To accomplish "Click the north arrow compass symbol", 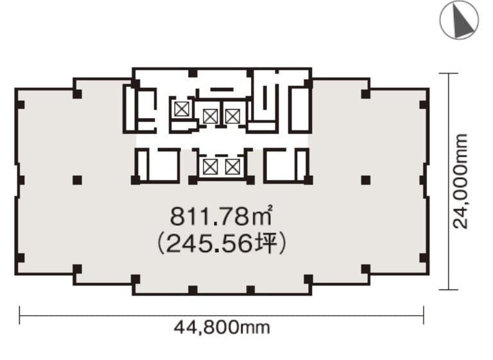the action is click(x=459, y=20).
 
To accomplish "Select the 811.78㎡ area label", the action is click(x=221, y=216).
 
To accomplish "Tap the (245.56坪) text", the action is click(x=221, y=244).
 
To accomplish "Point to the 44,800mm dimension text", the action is click(x=222, y=328).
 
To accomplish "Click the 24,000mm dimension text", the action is click(x=460, y=181).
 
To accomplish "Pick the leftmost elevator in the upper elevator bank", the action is click(x=182, y=109).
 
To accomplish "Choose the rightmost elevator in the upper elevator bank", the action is click(x=232, y=116).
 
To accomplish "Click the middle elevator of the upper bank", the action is click(x=210, y=116).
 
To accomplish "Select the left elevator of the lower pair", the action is click(x=210, y=167).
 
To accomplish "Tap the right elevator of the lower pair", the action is click(x=232, y=167).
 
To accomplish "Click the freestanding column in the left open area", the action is click(x=77, y=180).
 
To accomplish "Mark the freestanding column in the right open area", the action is click(x=365, y=180).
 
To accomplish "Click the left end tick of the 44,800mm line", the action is click(x=19, y=315).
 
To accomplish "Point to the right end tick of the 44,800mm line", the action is click(x=424, y=315).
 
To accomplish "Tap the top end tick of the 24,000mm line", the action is click(x=448, y=73).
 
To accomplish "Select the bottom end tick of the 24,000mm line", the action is click(x=448, y=289).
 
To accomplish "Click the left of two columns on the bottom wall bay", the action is click(x=193, y=290).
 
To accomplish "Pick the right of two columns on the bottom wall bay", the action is click(x=250, y=290).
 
